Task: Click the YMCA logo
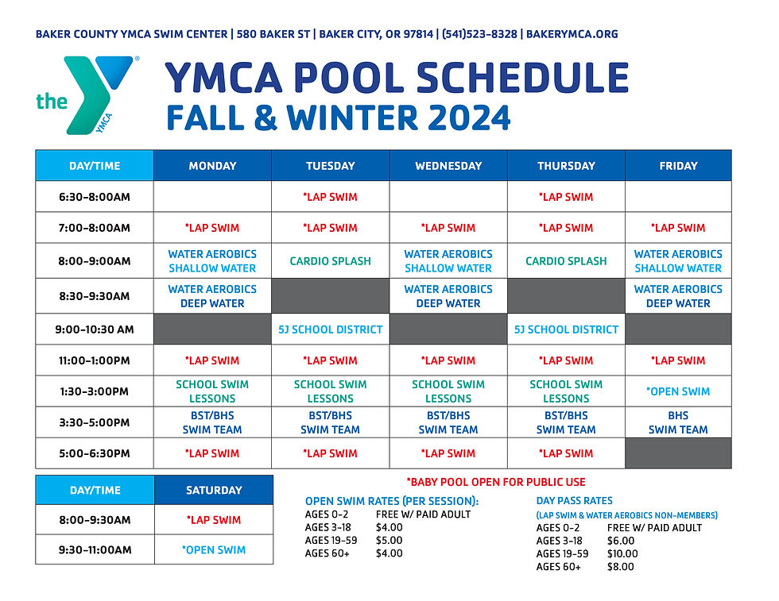click(84, 94)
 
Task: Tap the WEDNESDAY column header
click(448, 166)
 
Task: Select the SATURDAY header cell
click(214, 490)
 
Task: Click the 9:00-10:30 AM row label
click(95, 329)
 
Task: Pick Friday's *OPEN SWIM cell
click(678, 391)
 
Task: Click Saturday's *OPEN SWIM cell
click(214, 549)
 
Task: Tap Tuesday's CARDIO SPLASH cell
click(331, 261)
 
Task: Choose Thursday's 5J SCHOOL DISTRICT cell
click(566, 329)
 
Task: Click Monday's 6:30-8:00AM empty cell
click(212, 197)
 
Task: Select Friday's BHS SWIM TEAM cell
click(678, 422)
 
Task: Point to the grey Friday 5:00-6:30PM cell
click(678, 453)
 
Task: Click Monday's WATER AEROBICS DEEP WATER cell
click(212, 296)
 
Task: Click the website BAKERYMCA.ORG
click(572, 34)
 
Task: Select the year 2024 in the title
click(469, 118)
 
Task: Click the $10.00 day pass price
click(622, 554)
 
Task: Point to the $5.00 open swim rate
click(389, 541)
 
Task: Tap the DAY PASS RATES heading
click(575, 501)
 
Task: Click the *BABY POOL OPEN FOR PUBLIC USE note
click(496, 482)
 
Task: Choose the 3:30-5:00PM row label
click(95, 422)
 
